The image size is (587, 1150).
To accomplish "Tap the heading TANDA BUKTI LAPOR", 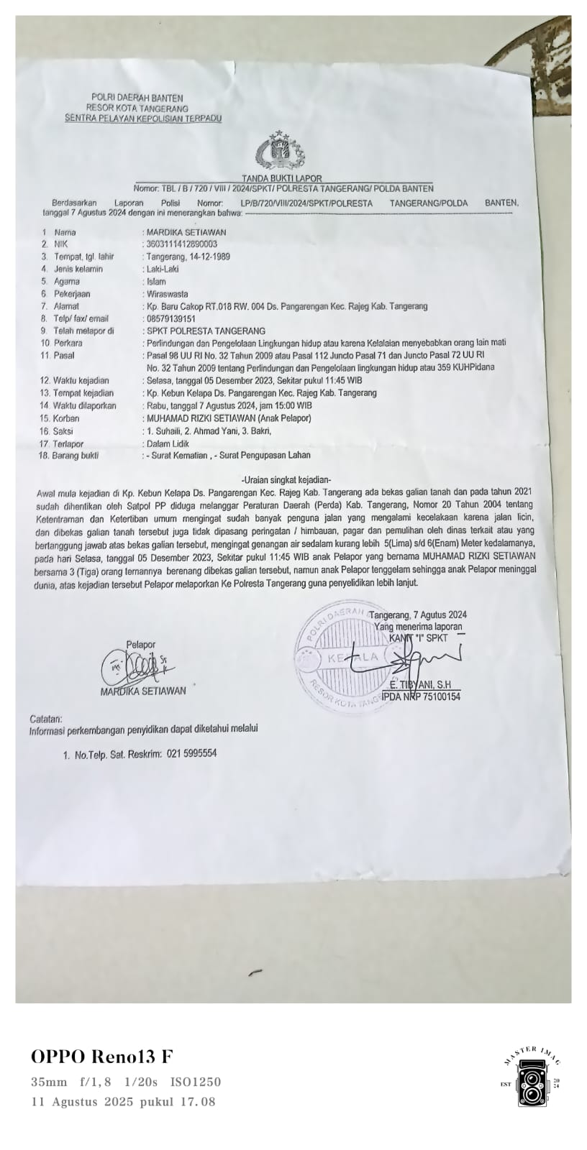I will (x=281, y=178).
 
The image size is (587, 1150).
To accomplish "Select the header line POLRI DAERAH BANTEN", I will (x=137, y=98).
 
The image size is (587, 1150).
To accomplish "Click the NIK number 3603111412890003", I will (x=181, y=244).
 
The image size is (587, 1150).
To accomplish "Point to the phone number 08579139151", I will (x=170, y=318).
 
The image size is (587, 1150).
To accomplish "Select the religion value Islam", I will (x=156, y=282).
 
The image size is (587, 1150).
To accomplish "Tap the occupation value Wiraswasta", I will (x=167, y=294).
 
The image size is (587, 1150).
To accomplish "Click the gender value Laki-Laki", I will (x=163, y=270).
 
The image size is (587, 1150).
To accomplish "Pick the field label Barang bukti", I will (x=75, y=455).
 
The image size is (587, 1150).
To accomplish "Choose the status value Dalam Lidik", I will (x=168, y=443).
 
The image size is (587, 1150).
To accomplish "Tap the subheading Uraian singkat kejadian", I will (x=286, y=479).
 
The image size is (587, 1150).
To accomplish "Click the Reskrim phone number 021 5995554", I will (x=191, y=754).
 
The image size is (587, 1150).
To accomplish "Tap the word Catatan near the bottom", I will (x=46, y=719).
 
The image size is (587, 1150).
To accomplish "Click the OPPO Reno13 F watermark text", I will (x=102, y=1057).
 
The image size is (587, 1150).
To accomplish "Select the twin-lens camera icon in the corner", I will (x=532, y=1087).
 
